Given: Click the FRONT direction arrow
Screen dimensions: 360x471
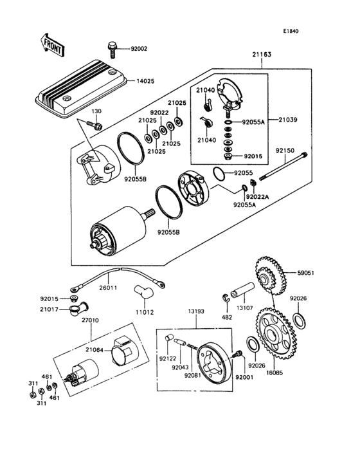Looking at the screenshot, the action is (51, 45).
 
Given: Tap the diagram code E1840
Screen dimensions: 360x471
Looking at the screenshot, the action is (291, 31).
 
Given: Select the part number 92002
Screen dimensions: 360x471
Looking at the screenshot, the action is (139, 49).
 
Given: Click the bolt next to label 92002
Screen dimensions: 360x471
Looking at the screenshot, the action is (111, 50).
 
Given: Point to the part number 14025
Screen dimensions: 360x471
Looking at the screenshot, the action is (145, 81).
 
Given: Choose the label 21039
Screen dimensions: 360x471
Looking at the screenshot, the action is (288, 120).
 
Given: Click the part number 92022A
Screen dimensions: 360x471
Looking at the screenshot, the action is (257, 197).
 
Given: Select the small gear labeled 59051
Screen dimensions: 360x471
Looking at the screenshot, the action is (270, 275).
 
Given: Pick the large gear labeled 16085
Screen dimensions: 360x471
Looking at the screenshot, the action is (275, 334).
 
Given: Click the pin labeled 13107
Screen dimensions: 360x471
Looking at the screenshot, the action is (242, 290).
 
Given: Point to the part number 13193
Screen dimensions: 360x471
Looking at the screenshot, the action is (196, 311).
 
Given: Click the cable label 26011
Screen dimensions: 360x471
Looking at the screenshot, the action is (108, 288).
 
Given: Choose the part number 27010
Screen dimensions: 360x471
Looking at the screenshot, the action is (90, 320).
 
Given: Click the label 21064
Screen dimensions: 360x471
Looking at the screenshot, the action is (94, 350).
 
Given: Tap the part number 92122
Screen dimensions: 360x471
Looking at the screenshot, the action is (168, 358).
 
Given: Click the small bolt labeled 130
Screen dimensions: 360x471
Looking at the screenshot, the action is (94, 125).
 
